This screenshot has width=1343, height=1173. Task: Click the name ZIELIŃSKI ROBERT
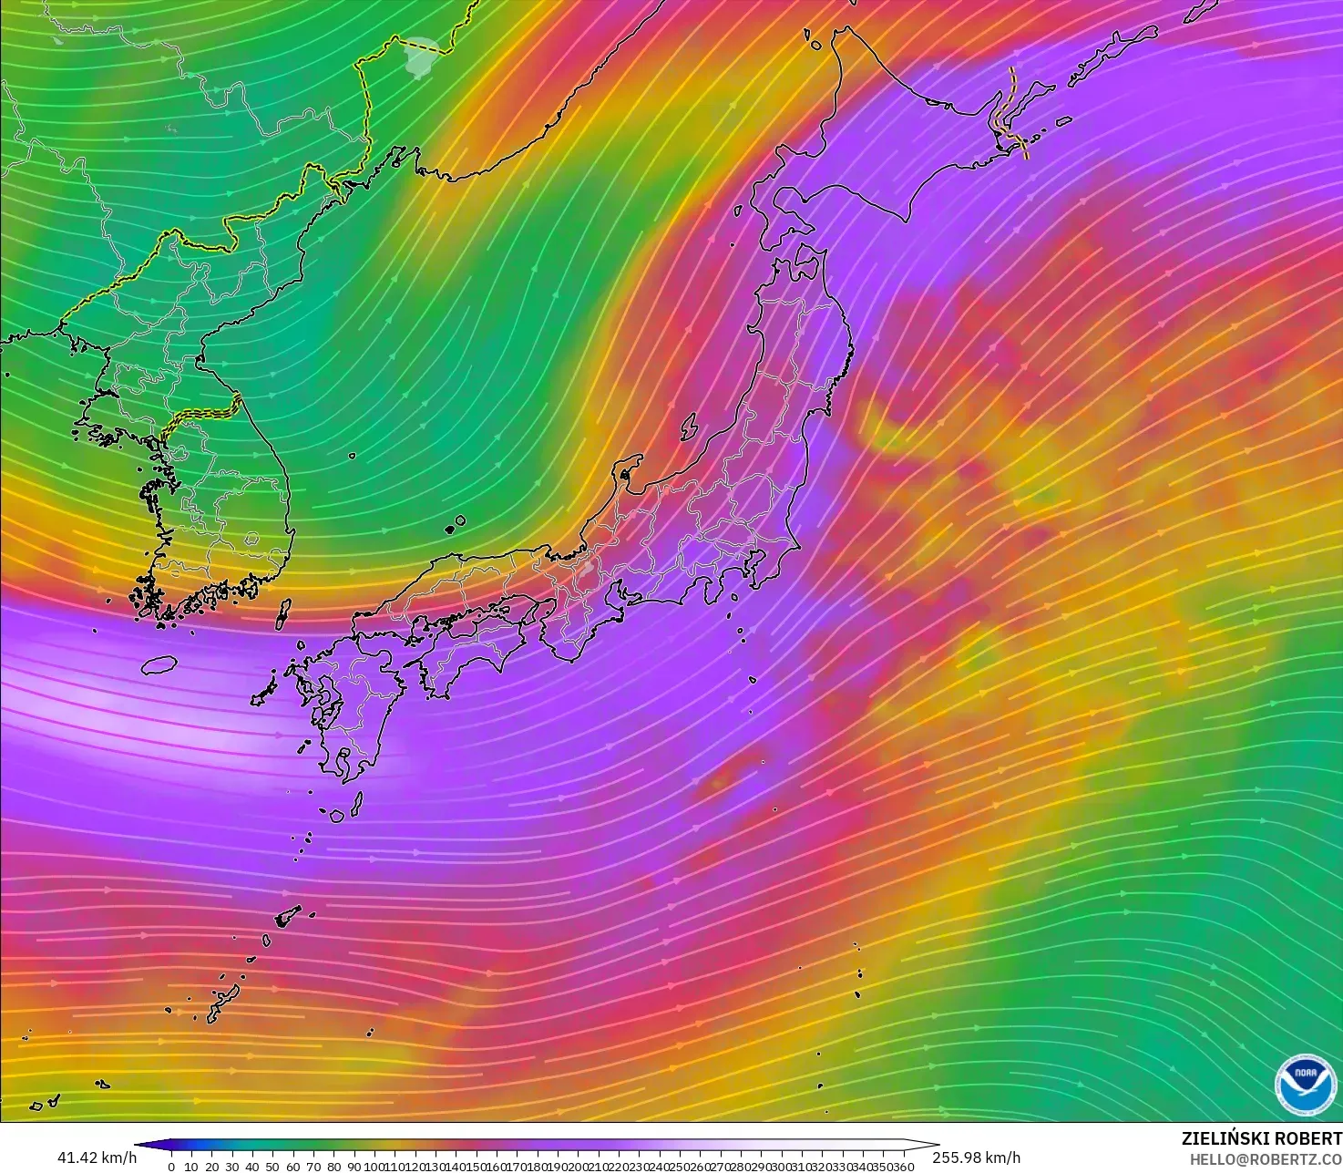[1261, 1138]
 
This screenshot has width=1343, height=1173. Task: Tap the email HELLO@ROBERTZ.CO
[1266, 1158]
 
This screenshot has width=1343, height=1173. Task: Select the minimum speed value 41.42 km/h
[97, 1158]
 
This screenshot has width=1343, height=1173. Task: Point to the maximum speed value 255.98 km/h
[976, 1158]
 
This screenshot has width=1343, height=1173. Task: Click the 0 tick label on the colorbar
[171, 1167]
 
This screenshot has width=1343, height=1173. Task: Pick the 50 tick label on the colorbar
[272, 1167]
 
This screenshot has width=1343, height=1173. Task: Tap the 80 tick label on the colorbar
[333, 1167]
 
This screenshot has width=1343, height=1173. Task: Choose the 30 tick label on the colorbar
[231, 1167]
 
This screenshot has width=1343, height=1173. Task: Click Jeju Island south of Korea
[159, 665]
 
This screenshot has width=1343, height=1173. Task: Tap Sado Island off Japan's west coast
[689, 427]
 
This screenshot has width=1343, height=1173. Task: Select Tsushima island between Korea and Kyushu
[282, 614]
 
